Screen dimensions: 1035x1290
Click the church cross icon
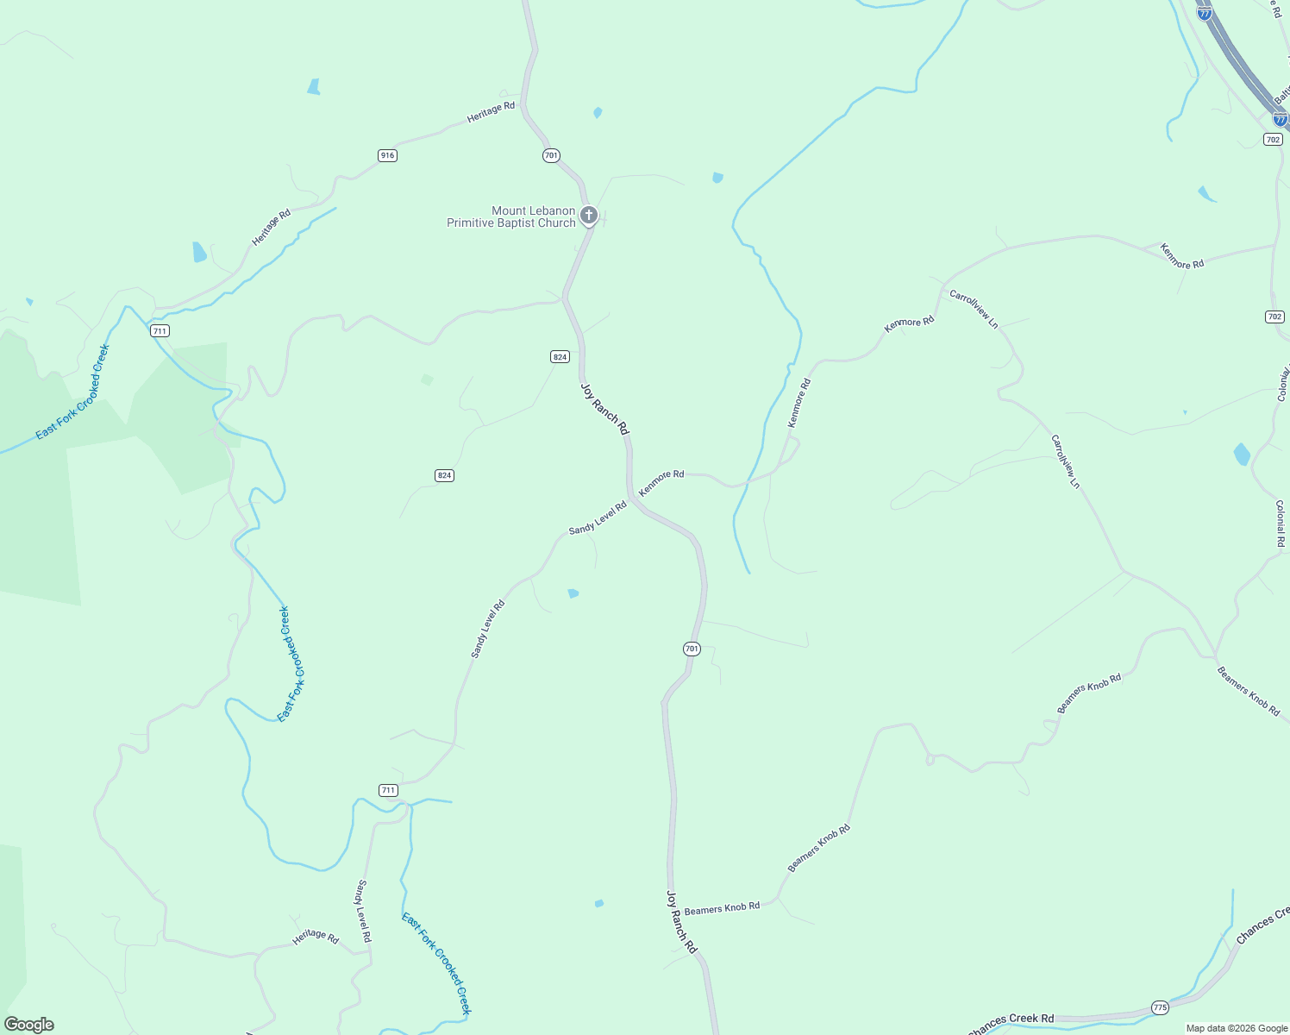(x=589, y=215)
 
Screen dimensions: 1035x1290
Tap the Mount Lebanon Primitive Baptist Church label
(x=510, y=216)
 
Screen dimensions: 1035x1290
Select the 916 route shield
(x=387, y=155)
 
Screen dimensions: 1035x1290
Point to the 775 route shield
(x=1160, y=1007)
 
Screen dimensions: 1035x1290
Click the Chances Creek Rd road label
(x=1011, y=1023)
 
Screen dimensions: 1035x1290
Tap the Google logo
(x=29, y=1025)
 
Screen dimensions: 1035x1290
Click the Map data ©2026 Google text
(x=1237, y=1028)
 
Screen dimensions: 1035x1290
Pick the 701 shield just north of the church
(x=551, y=155)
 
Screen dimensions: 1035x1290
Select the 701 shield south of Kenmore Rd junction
(x=692, y=649)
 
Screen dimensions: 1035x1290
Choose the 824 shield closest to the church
(x=560, y=356)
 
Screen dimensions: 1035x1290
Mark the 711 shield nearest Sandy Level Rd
(x=388, y=790)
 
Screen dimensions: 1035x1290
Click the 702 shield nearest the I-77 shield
(x=1273, y=139)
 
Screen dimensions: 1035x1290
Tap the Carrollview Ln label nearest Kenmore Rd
(x=974, y=309)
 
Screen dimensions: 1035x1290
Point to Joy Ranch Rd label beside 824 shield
(x=604, y=409)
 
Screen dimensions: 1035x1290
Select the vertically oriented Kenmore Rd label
(x=799, y=403)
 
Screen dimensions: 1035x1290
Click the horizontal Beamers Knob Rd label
(x=722, y=907)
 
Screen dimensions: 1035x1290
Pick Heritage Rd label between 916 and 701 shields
(x=491, y=112)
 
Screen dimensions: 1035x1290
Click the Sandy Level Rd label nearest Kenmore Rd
(x=598, y=517)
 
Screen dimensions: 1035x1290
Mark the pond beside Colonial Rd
(x=1242, y=454)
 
